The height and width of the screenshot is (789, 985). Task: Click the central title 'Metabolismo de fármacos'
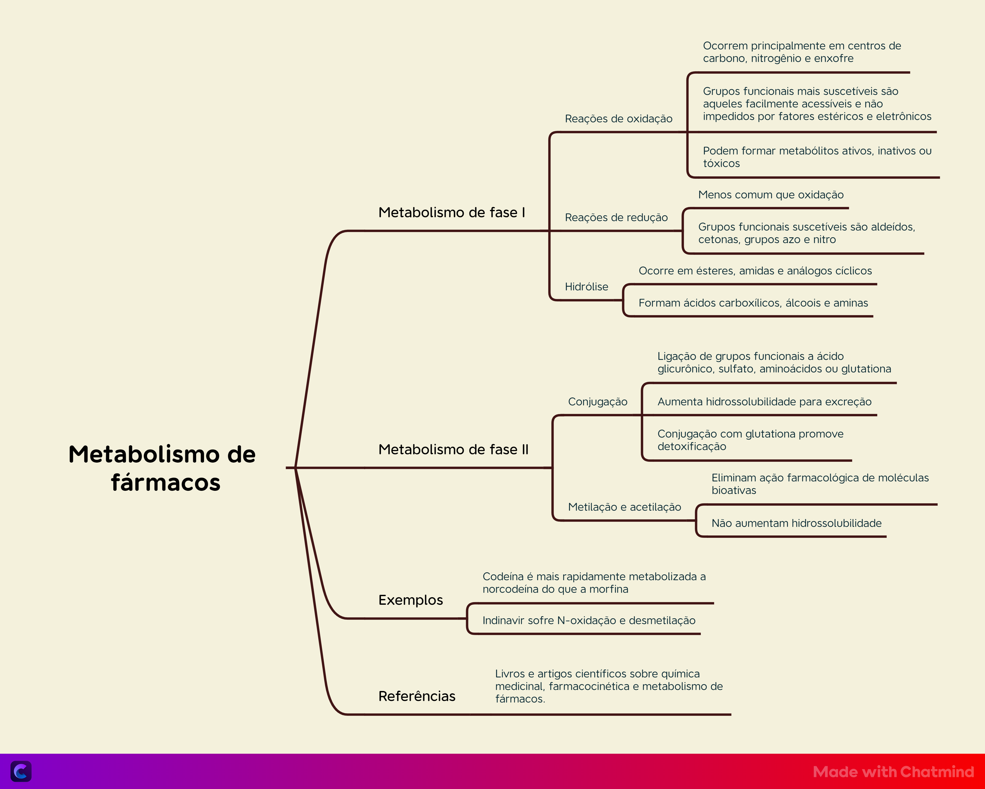[162, 468]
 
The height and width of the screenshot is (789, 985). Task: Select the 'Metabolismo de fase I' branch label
[452, 212]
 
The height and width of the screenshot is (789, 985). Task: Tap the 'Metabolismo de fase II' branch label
[453, 450]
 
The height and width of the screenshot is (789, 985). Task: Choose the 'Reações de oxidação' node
[619, 119]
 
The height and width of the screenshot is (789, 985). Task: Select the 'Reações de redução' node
[616, 217]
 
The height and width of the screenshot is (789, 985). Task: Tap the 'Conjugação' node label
[598, 402]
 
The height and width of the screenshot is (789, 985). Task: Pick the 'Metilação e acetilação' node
[625, 507]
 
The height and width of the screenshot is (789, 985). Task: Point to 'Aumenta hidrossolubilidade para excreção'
[764, 402]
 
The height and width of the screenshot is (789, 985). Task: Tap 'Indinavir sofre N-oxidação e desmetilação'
[589, 620]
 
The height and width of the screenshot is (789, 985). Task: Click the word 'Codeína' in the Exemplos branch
[503, 577]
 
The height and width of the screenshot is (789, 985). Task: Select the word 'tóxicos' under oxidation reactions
[721, 164]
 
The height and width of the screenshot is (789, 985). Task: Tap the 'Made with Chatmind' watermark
[894, 772]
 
